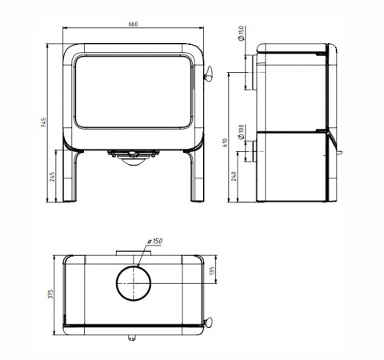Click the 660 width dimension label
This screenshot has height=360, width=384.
pos(133,24)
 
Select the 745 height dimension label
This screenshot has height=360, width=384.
pos(44,122)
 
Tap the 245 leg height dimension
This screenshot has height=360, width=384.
pos(53,177)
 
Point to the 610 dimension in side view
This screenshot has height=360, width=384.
pos(226,143)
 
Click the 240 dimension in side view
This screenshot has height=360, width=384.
pos(234,176)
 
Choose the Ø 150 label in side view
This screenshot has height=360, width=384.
pos(241,34)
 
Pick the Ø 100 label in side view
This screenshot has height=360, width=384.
pos(241,132)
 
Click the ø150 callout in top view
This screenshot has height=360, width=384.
pos(154,242)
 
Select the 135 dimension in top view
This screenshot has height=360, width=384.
pos(212,270)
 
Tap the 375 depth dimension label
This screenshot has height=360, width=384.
pos(50,294)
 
